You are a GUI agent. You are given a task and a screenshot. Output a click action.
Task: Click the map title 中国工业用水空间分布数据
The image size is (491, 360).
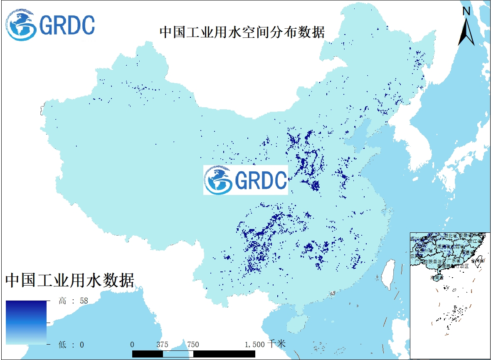pos(242,32)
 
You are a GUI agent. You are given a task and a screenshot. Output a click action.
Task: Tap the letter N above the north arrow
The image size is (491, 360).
pos(466,11)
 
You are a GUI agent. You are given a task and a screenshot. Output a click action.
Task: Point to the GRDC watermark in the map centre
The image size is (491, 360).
pos(246,180)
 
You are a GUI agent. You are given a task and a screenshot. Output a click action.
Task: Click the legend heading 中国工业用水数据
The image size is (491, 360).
pos(70,280)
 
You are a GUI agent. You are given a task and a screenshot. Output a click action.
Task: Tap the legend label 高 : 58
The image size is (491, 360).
pos(74,301)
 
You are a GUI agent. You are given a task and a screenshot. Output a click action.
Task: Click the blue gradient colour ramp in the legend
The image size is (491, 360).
pos(26,322)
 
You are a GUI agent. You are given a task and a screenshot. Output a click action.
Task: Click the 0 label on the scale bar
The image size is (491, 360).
pos(132,344)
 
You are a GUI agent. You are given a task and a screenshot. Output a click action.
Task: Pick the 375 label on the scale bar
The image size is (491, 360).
pos(163,344)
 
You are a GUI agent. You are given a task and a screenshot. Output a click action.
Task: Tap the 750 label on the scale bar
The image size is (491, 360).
pos(193,344)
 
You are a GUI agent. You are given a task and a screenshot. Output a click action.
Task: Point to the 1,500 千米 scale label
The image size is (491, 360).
pos(265,344)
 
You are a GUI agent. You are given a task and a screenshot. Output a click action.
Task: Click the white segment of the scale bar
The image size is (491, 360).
pos(178,353)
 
